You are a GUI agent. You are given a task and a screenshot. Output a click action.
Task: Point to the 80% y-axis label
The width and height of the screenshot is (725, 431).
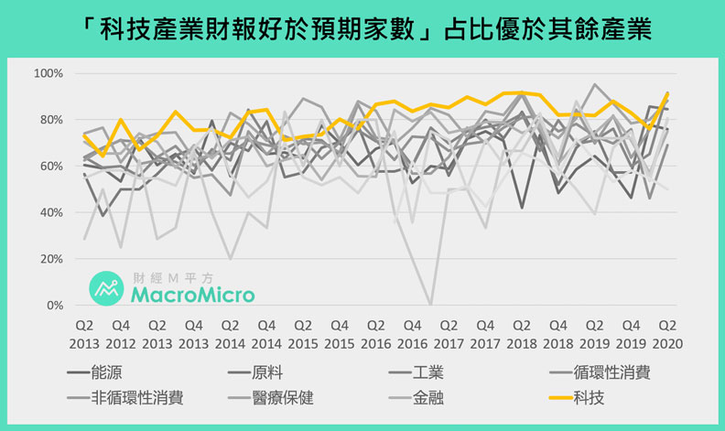click(x=49, y=120)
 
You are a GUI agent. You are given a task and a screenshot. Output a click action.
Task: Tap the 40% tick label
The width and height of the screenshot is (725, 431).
click(x=49, y=212)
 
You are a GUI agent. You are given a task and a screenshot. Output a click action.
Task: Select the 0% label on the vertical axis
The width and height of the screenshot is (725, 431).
click(x=53, y=305)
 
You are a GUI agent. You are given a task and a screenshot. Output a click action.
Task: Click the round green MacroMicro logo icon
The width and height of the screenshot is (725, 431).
click(x=106, y=287)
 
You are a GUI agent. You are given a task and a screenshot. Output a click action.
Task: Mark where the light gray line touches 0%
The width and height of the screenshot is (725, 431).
click(x=430, y=304)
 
